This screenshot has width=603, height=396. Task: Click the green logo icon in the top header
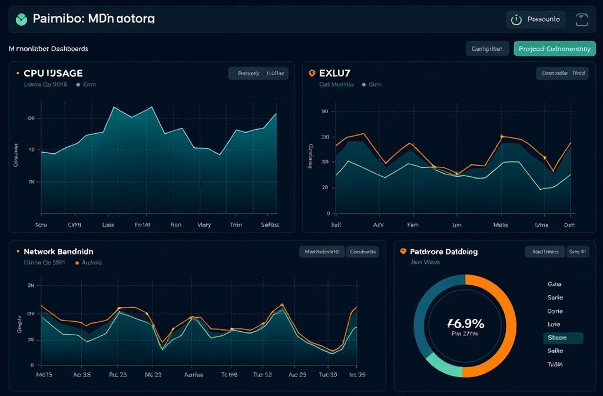[x=22, y=19]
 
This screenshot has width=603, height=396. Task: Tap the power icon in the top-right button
[x=516, y=19]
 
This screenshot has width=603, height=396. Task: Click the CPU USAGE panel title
[x=52, y=73]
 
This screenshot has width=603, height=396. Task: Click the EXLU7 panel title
[x=334, y=73]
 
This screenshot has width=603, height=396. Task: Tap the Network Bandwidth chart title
[x=58, y=251]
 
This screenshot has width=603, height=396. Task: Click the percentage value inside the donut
[x=465, y=323]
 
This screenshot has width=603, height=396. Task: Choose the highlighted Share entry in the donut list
[x=562, y=338]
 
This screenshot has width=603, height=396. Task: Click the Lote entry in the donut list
[x=554, y=324]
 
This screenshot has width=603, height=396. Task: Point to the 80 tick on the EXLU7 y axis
[x=324, y=111]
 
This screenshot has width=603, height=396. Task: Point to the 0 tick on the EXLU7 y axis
[x=327, y=213]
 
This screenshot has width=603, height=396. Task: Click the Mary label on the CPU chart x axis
[x=204, y=225]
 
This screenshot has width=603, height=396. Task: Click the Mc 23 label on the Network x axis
[x=153, y=374]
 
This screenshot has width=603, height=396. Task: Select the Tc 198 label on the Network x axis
[x=228, y=374]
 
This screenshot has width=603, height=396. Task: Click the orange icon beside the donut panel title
[x=403, y=251]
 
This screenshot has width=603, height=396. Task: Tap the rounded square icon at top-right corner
[x=581, y=19]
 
